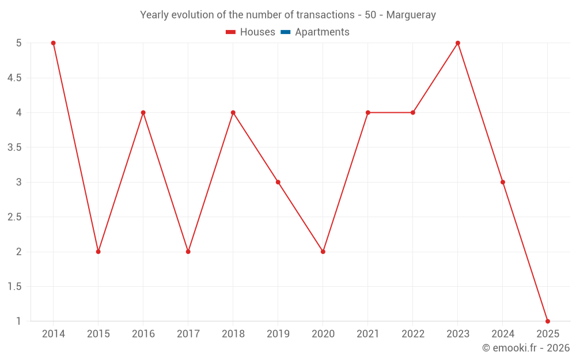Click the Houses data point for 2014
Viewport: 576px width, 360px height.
[54, 43]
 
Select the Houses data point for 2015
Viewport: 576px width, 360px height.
[98, 252]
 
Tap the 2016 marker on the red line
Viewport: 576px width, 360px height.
[143, 112]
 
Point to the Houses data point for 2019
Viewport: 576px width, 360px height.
[278, 182]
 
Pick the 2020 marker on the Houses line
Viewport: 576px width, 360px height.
[323, 252]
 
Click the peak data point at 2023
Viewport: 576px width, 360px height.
[458, 43]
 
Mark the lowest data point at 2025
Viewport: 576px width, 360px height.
[548, 321]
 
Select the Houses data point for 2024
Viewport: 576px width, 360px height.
[503, 182]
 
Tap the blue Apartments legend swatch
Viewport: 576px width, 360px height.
[286, 32]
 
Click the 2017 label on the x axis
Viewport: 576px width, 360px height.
[188, 334]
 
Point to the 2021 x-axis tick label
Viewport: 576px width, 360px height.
[368, 334]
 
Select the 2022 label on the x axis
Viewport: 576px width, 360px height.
[413, 334]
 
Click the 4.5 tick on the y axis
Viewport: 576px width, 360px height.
[14, 78]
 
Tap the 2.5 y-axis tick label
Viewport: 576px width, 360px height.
[14, 217]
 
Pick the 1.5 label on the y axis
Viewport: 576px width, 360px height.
[14, 287]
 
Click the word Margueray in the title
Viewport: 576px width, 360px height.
[411, 15]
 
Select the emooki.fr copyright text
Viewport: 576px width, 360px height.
[526, 348]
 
